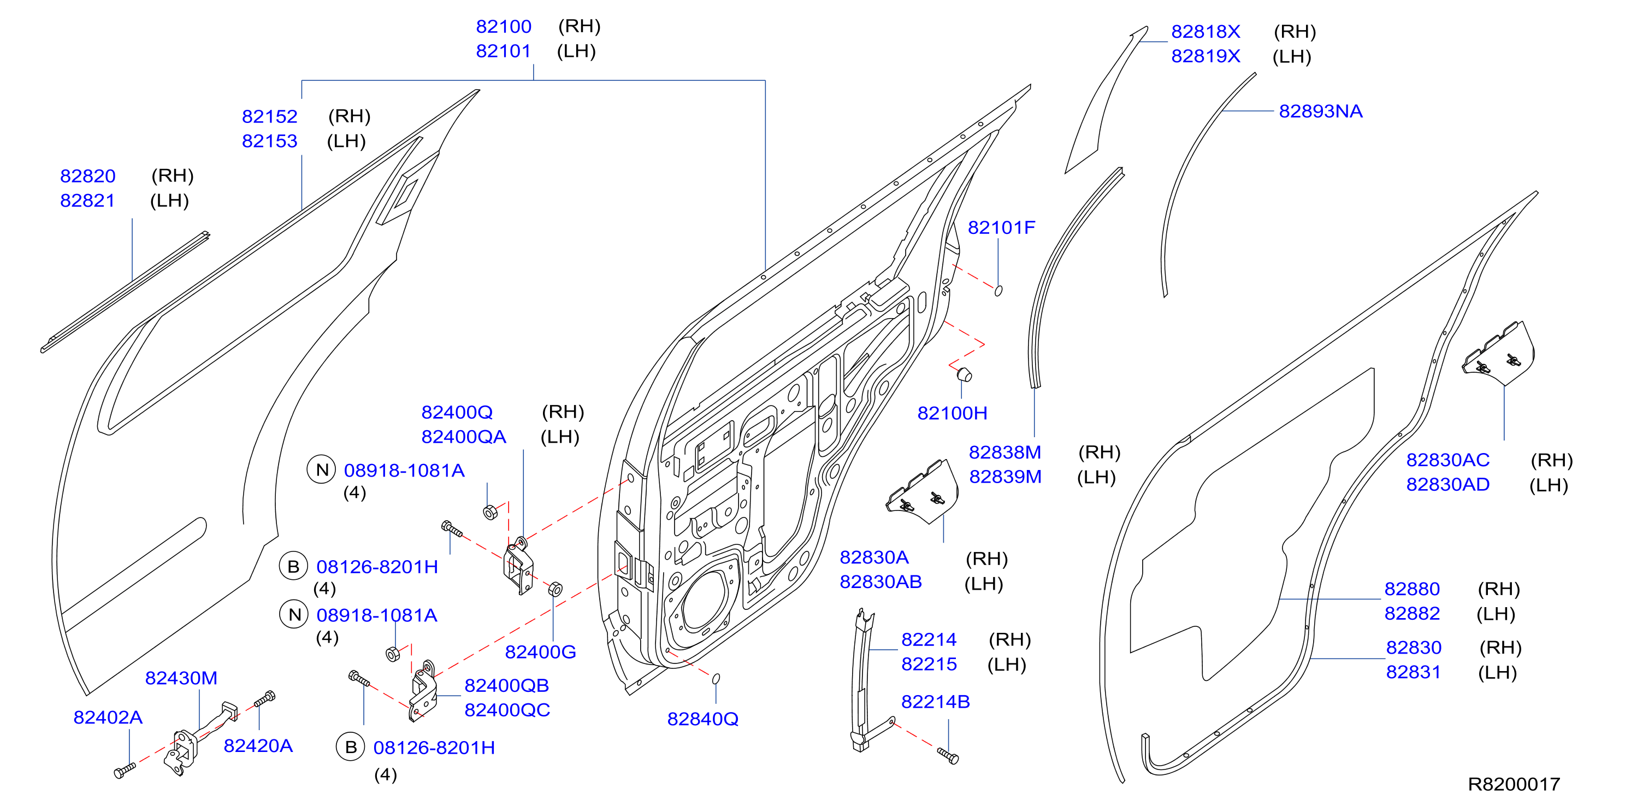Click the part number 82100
coord(504,27)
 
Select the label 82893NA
coord(1320,111)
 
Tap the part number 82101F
coord(1001,227)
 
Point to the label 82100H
coord(952,413)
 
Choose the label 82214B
coord(935,701)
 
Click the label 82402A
coord(108,717)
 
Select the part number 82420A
coord(258,745)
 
